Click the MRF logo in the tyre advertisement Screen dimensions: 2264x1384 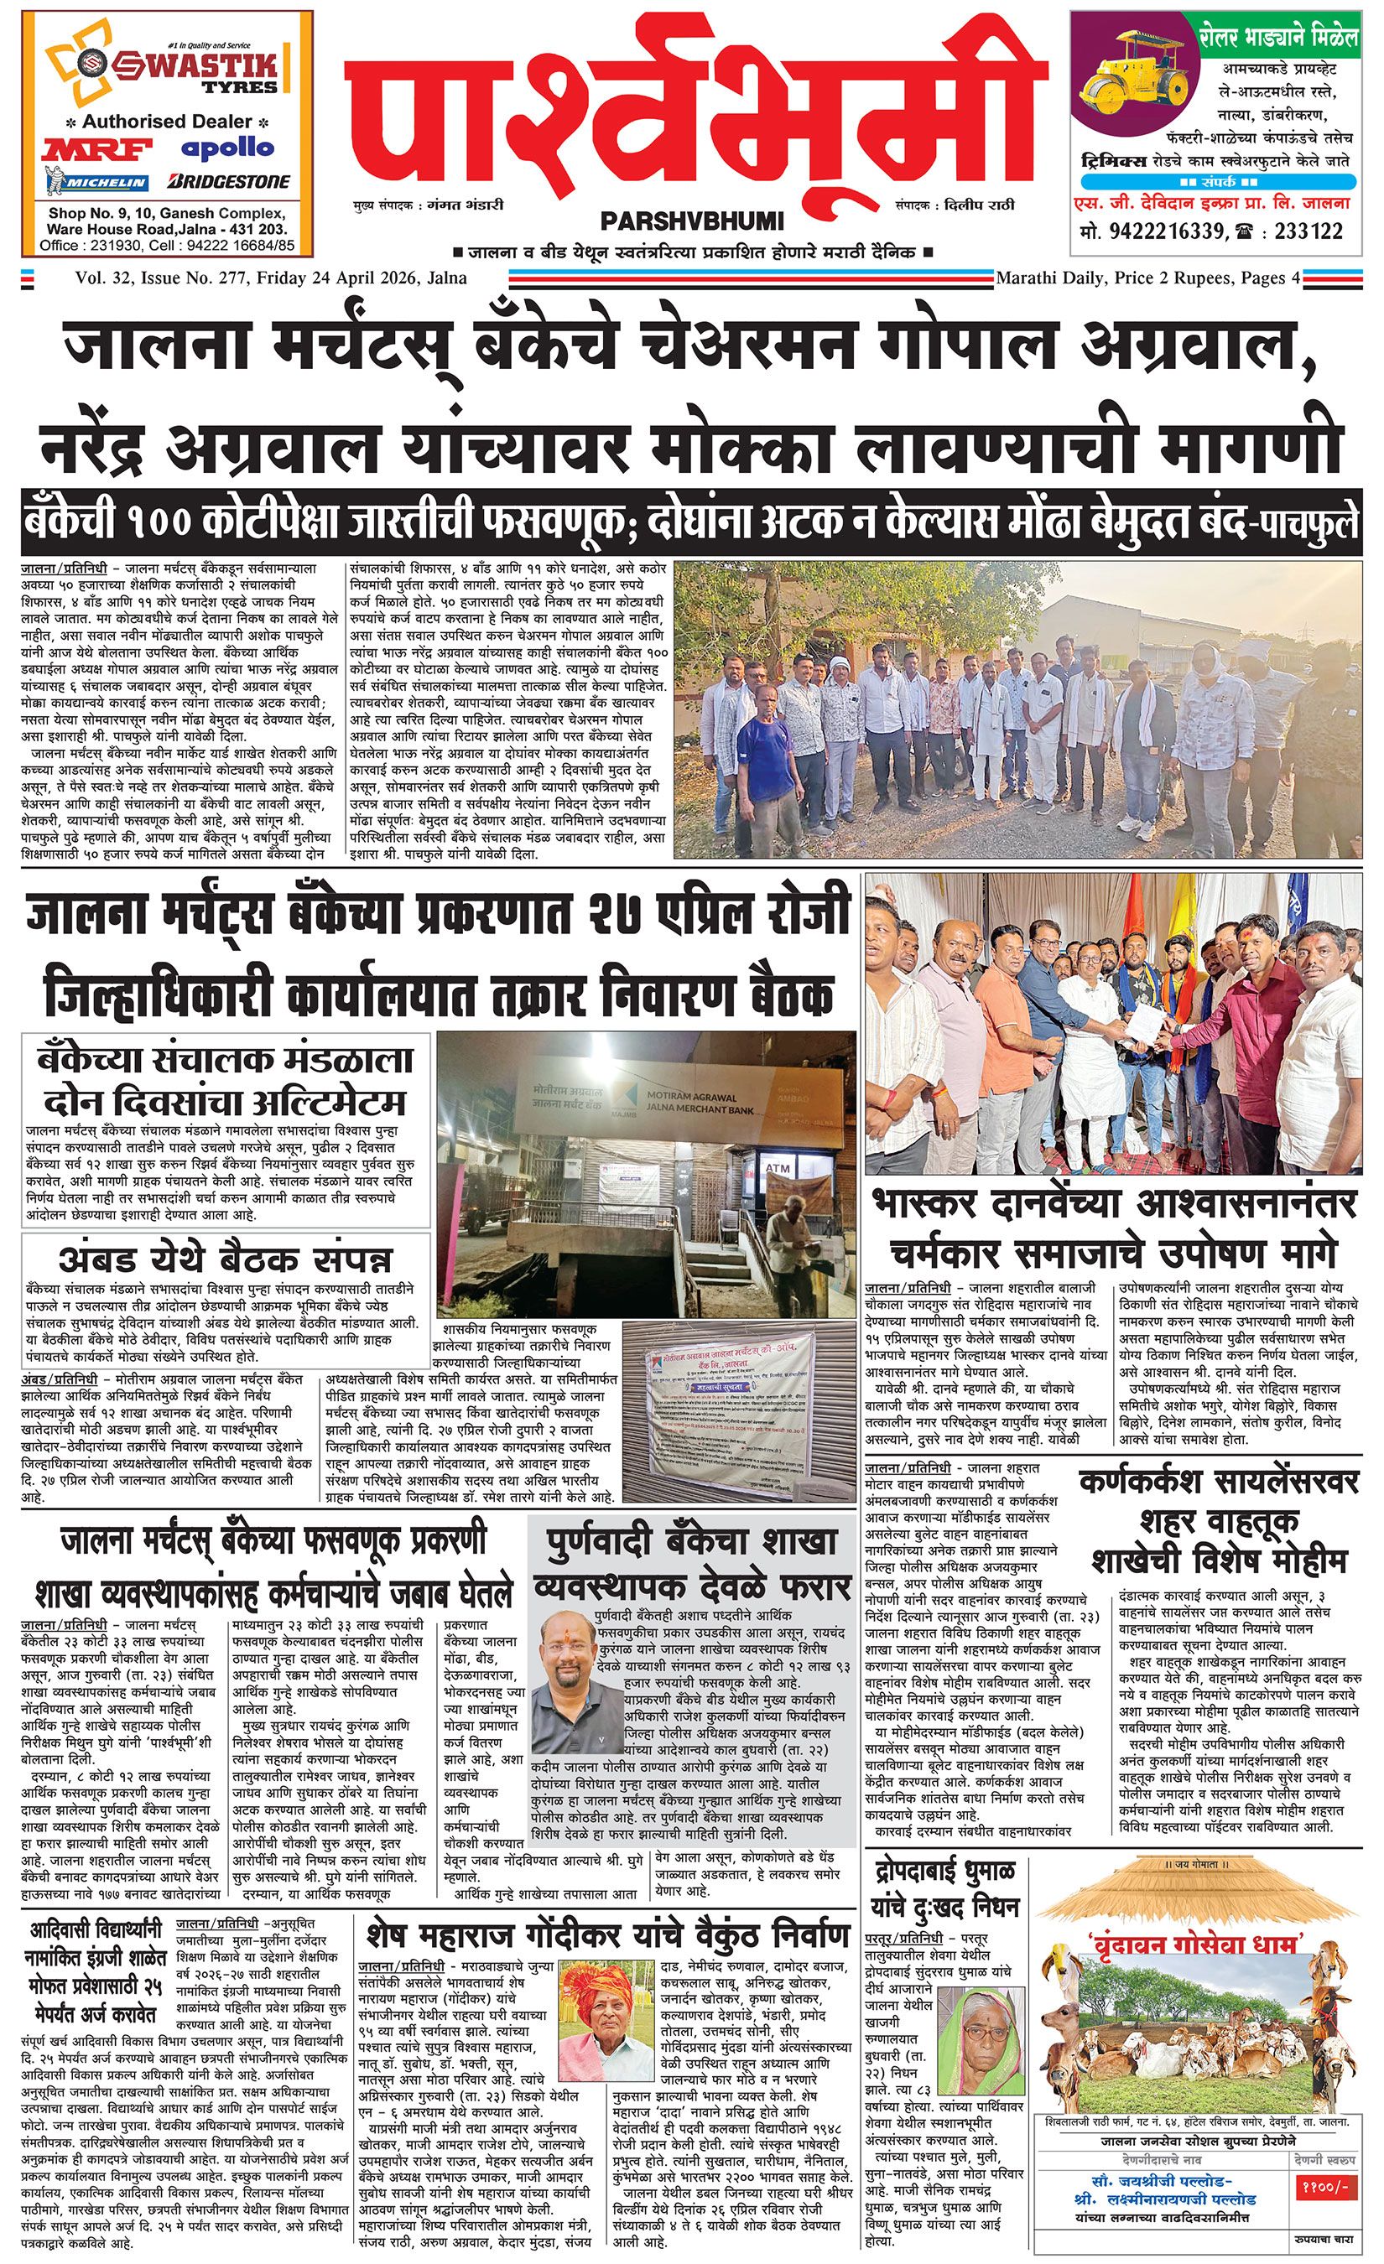[x=87, y=150]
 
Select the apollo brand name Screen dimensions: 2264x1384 [x=227, y=148]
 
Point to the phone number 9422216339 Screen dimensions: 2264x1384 [x=1183, y=231]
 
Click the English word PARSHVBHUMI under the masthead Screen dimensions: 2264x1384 [x=692, y=221]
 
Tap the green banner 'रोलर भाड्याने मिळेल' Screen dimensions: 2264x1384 [x=1279, y=38]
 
